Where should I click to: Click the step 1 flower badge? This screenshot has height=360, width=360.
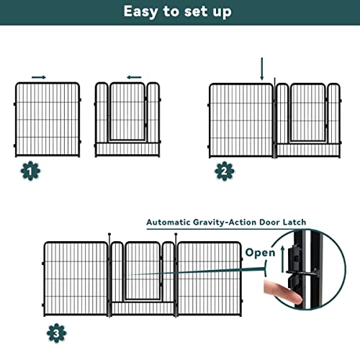[x=30, y=171]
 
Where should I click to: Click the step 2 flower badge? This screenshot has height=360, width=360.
[x=223, y=171]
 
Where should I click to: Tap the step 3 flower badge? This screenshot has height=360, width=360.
[x=55, y=333]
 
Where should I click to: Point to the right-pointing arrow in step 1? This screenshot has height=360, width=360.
[x=39, y=76]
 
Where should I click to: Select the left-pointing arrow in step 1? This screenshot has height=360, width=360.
[x=133, y=76]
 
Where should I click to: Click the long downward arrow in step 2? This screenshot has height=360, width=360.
[x=262, y=69]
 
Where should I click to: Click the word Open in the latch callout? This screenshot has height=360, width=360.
[x=259, y=253]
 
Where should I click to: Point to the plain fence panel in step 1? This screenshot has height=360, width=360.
[x=48, y=119]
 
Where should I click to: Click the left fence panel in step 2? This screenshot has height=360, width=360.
[x=241, y=120]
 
